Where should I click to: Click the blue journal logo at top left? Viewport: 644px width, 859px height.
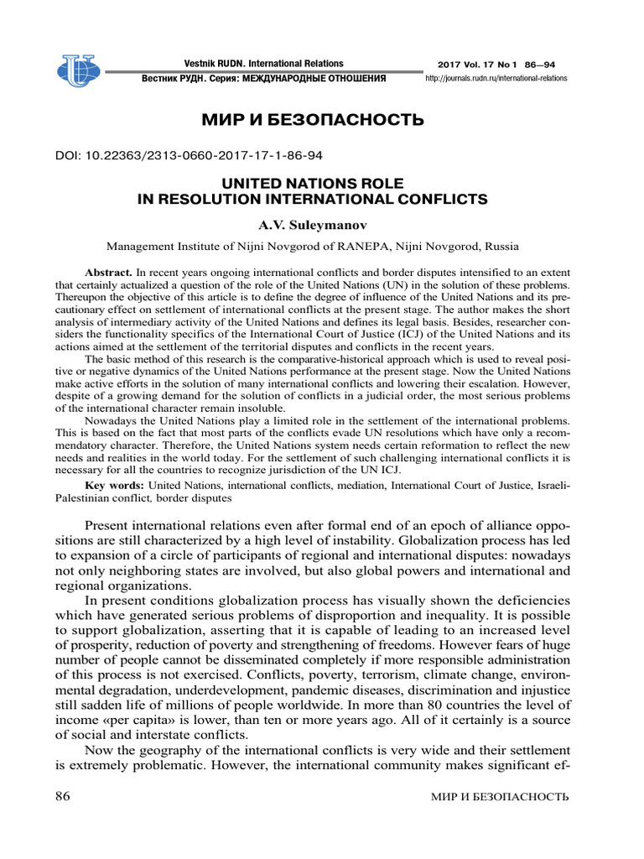[78, 70]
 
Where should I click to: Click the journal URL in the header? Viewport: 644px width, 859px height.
[496, 78]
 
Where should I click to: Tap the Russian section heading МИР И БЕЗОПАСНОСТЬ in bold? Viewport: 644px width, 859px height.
[313, 120]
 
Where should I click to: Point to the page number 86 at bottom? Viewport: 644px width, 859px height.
[62, 796]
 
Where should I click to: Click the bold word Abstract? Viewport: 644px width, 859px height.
[109, 273]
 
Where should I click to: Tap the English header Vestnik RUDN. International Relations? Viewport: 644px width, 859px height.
[263, 64]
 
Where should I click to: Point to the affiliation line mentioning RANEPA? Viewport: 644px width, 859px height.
[311, 247]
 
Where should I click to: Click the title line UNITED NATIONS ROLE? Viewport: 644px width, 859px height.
[311, 183]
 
